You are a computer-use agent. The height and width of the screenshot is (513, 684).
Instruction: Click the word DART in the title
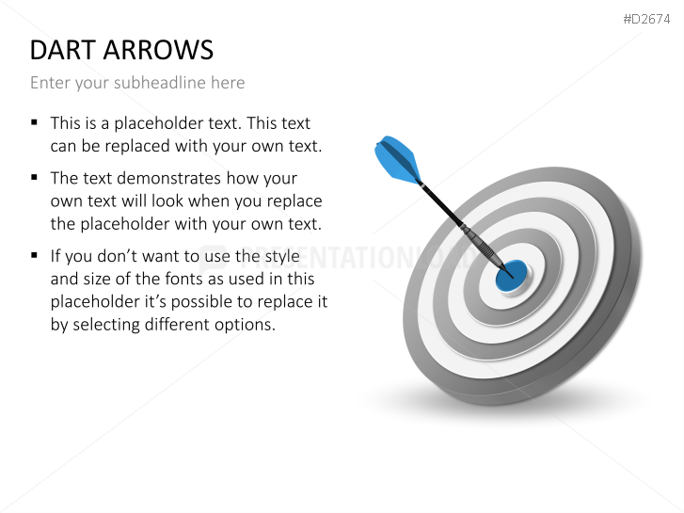point(63,50)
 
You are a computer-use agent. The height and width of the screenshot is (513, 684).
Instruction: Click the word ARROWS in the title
point(158,50)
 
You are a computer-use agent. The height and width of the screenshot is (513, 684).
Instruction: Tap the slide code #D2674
point(646,19)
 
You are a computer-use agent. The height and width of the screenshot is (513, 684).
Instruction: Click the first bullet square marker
point(35,122)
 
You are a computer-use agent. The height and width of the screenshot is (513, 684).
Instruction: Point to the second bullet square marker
point(35,177)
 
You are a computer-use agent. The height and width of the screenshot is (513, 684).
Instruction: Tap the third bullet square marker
point(35,255)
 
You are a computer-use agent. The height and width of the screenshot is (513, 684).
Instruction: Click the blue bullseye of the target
point(512,276)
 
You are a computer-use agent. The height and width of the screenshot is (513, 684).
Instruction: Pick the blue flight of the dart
point(397,159)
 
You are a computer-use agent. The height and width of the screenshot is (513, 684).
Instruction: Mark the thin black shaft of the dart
point(442,205)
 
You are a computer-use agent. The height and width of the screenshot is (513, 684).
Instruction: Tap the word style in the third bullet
point(284,256)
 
